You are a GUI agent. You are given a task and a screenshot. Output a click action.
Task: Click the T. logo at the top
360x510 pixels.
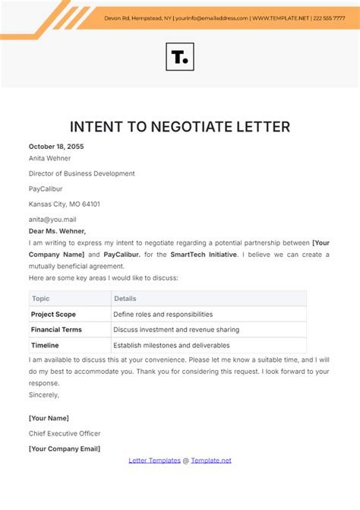179,57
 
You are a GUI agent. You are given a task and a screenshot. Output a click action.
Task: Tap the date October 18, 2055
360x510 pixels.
56,147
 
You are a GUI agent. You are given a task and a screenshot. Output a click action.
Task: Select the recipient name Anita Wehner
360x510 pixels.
49,159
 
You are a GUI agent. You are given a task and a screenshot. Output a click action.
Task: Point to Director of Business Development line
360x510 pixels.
82,173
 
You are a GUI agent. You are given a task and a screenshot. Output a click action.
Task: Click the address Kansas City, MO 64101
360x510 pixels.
65,204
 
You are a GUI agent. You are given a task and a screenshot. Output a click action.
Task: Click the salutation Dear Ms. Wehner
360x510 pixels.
58,230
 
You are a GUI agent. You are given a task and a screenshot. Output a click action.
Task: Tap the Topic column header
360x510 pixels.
40,299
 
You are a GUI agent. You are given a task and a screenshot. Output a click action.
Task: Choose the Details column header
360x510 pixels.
125,299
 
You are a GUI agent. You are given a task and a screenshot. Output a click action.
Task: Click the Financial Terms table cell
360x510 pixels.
56,329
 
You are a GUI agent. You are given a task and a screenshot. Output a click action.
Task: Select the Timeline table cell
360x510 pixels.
46,344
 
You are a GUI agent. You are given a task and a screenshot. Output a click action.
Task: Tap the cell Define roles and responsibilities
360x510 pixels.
163,314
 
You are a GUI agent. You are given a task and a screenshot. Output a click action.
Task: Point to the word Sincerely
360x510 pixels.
44,395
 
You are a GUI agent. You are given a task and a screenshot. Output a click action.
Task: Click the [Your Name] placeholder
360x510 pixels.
49,418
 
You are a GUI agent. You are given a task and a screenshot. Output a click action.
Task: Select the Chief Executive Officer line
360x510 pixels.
65,433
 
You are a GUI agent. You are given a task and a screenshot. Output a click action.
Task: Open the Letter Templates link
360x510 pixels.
153,460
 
